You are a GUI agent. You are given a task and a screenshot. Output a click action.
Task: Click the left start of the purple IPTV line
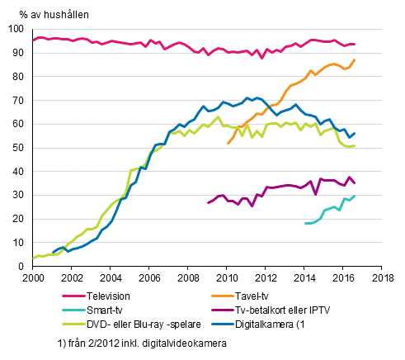(208, 202)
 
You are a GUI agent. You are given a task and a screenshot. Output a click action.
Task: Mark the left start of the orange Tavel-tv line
(228, 144)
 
